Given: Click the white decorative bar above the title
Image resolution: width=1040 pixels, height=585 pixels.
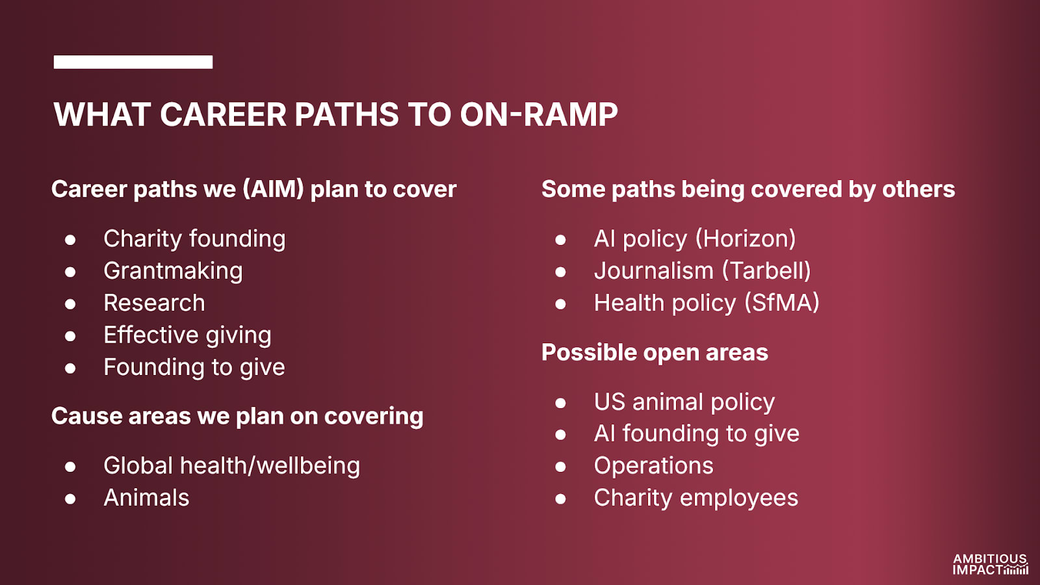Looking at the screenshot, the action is coord(133,62).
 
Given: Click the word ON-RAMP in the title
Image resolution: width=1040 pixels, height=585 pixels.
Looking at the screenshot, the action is coord(539,114).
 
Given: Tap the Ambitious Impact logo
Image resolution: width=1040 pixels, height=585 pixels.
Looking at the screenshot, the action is coord(991,564).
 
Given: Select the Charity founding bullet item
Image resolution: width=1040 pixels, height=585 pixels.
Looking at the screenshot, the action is coord(194,239).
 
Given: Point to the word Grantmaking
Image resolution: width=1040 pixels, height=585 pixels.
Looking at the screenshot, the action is coord(173,271).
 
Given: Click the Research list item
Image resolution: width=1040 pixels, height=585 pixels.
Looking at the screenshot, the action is coord(154,303).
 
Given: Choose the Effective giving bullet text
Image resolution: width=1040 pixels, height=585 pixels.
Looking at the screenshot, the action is coord(188,335).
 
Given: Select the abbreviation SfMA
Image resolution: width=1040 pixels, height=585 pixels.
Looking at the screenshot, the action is coord(783,303).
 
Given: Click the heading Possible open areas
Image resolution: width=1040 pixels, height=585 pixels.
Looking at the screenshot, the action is coord(655,352).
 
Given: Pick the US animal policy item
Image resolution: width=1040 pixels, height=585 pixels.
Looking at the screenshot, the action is coord(684,402).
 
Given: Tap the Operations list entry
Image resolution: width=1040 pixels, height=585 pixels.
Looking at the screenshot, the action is coord(654,465).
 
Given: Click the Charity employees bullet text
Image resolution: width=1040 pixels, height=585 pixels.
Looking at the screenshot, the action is coord(696,498).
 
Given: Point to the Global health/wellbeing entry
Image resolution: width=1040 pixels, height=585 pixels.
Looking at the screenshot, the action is coord(231,465).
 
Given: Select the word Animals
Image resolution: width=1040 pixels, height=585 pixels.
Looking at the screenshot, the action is coord(146,498).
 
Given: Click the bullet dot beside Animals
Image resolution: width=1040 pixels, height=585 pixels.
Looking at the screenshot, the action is coord(71,499).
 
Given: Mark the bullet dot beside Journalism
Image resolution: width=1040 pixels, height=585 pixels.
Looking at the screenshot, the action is coord(560,272).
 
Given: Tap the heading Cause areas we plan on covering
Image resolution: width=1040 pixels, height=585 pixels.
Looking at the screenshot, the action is coord(237,417).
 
